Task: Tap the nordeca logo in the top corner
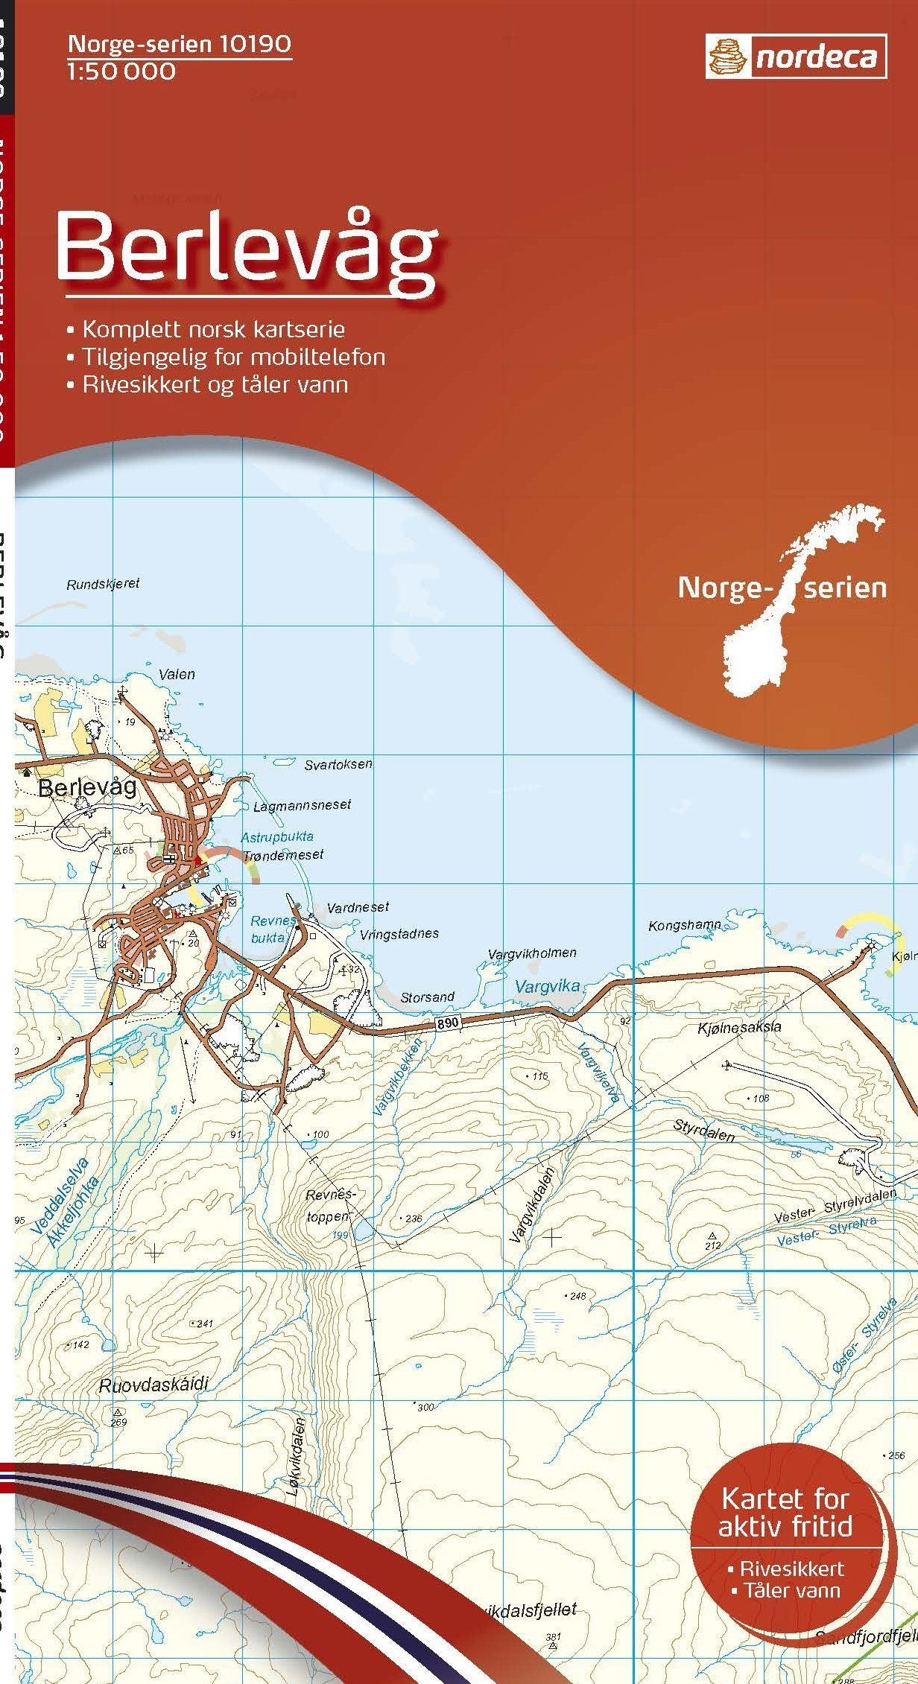pyautogui.click(x=796, y=57)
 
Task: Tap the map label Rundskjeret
pyautogui.click(x=103, y=583)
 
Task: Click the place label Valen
pyautogui.click(x=177, y=674)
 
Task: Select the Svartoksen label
pyautogui.click(x=338, y=764)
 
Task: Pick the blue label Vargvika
pyautogui.click(x=547, y=987)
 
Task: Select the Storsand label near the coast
pyautogui.click(x=427, y=997)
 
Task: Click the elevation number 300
pyautogui.click(x=425, y=1407)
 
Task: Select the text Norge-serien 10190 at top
pyautogui.click(x=180, y=45)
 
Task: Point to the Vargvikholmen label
pyautogui.click(x=532, y=953)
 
